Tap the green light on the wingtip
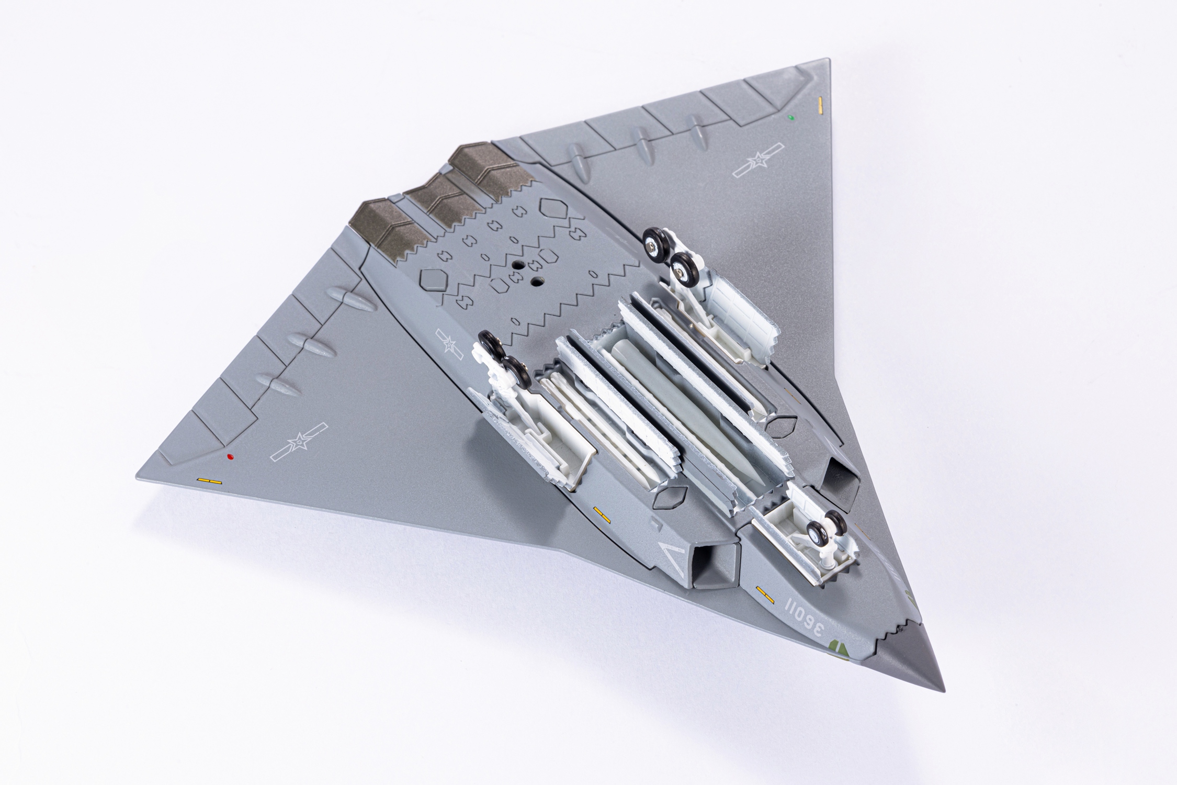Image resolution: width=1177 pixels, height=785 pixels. (x=791, y=118)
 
